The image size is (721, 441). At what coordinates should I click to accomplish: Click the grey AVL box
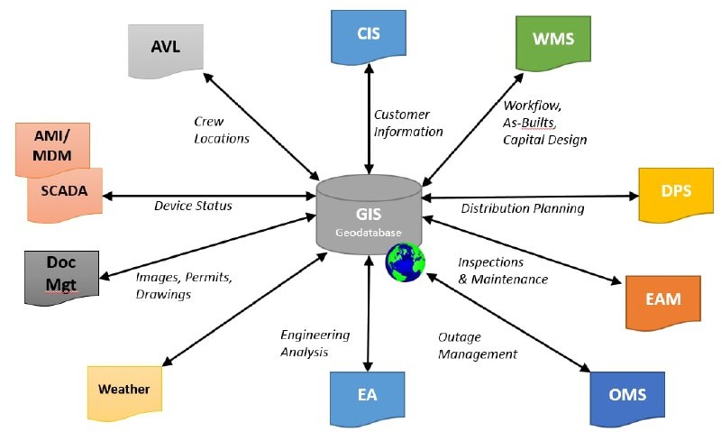click(166, 51)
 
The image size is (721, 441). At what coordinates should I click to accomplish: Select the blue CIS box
click(369, 37)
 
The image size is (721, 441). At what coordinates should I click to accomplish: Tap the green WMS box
click(553, 42)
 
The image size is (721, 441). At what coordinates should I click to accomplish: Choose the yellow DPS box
click(676, 194)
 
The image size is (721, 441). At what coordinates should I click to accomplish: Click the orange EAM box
click(663, 302)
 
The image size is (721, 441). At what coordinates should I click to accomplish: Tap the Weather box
click(124, 392)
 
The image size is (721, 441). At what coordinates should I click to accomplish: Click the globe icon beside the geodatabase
click(405, 262)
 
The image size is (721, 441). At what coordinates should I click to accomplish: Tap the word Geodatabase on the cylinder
click(369, 233)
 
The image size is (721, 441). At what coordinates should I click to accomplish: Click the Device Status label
click(193, 206)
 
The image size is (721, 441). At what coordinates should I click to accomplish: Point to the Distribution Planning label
click(523, 208)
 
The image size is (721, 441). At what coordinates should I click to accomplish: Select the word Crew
click(209, 122)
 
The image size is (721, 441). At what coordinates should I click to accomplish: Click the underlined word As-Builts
click(529, 123)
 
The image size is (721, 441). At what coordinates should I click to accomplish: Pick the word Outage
click(460, 337)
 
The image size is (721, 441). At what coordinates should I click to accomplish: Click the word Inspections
click(490, 262)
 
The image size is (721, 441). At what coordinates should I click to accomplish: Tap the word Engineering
click(315, 335)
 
